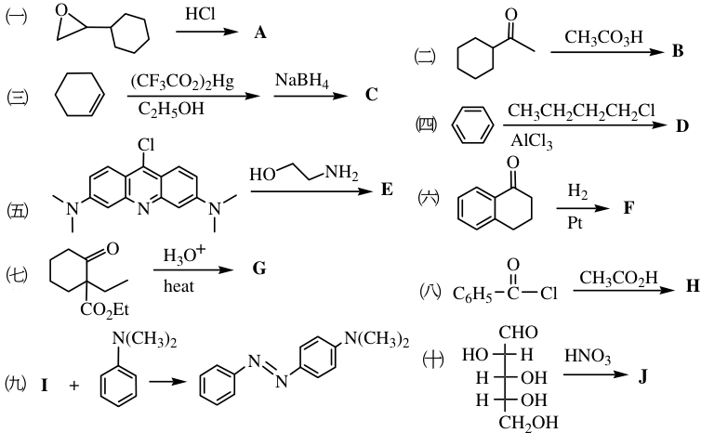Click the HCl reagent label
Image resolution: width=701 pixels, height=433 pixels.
click(200, 14)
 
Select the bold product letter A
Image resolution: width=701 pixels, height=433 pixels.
click(260, 33)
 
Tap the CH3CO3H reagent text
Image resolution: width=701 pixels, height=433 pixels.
click(603, 37)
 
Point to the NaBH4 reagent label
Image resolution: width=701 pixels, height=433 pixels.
click(302, 81)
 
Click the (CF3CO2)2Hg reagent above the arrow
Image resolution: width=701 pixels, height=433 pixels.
click(182, 82)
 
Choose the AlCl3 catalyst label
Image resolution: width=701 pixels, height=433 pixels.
click(532, 141)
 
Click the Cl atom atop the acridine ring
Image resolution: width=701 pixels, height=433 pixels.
click(146, 145)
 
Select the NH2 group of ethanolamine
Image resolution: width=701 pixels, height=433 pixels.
click(341, 173)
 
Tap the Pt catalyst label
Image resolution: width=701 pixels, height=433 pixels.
click(575, 222)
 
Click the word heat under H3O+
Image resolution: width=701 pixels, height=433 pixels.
click(179, 286)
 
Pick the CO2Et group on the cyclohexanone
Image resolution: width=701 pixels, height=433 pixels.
click(105, 309)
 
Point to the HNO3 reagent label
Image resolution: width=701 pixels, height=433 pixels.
click(588, 357)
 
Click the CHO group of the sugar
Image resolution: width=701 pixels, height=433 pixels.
click(519, 333)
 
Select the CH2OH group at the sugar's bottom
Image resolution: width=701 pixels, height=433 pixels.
click(528, 422)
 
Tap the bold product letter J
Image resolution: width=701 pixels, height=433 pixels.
click(642, 377)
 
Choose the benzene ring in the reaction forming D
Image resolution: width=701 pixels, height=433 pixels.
click(473, 125)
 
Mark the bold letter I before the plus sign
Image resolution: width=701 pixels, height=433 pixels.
click(45, 385)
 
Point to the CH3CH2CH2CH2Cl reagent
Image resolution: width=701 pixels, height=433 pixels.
click(581, 111)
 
